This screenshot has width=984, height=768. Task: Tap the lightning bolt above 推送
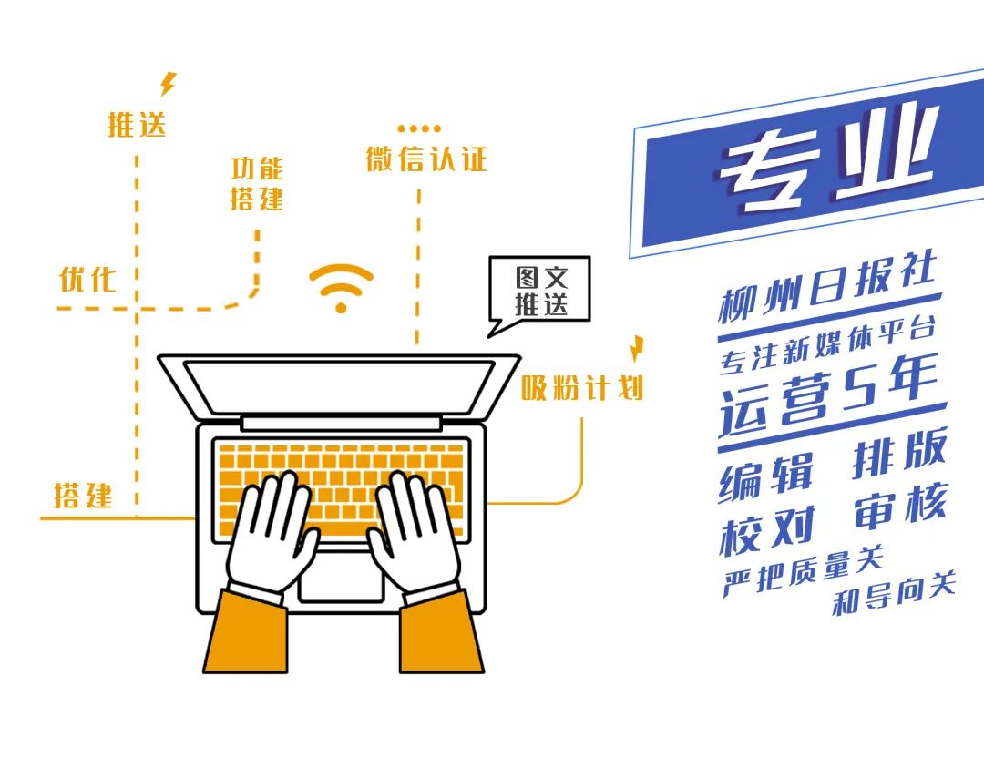click(x=169, y=84)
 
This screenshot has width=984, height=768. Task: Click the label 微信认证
click(x=426, y=159)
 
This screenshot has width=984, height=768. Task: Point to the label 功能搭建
click(x=257, y=183)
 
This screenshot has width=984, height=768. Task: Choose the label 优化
click(x=87, y=279)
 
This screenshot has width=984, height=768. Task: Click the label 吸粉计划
click(x=582, y=387)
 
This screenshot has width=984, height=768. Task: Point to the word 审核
click(x=900, y=506)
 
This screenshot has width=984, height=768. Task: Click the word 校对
click(x=767, y=531)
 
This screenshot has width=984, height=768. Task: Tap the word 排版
click(x=900, y=453)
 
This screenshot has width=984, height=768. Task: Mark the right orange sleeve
click(x=441, y=632)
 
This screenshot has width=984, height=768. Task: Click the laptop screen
click(x=339, y=387)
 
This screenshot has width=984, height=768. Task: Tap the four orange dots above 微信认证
click(x=419, y=129)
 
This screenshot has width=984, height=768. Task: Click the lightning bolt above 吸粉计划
click(x=637, y=349)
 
